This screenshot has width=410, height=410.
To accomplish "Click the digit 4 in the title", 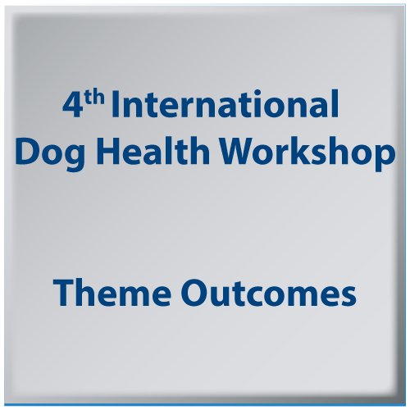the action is (72, 105).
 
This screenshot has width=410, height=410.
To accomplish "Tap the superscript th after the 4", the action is (94, 97).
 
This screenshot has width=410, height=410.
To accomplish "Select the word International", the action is (225, 104).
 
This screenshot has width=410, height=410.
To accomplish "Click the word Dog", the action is (50, 153).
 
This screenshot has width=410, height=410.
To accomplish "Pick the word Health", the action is (153, 150).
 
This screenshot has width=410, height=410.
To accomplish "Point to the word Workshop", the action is (307, 153).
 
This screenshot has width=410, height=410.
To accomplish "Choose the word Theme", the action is (112, 293).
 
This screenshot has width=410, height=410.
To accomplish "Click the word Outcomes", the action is (269, 293).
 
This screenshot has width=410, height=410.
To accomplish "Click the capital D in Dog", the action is (27, 151).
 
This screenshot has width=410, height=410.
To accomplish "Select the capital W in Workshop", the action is (237, 151).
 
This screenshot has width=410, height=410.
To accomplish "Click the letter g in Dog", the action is (74, 158).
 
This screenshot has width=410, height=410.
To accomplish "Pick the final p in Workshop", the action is (385, 158).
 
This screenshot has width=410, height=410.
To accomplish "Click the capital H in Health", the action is (108, 151).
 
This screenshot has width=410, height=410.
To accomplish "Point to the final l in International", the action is (335, 103).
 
